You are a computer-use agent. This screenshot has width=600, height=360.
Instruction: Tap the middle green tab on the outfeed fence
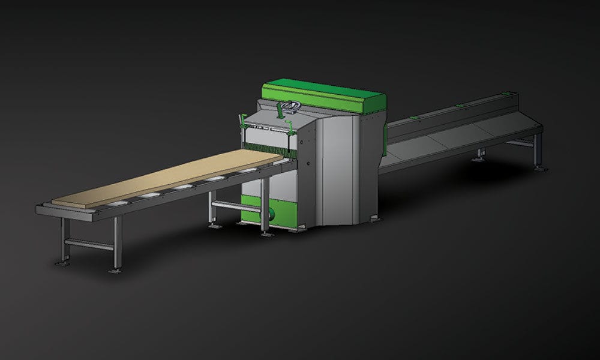coord(460,106)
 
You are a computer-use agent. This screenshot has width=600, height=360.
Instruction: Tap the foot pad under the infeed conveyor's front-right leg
coord(114,271)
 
